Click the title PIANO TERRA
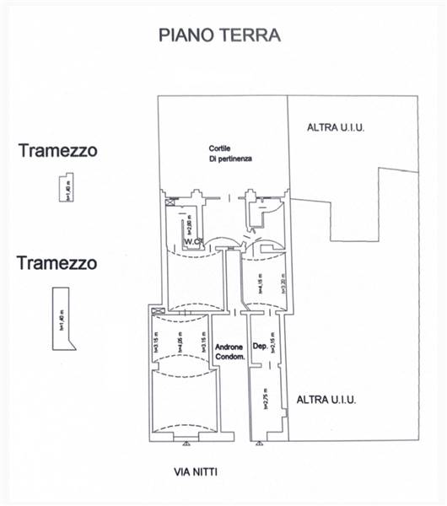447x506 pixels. [x=219, y=35]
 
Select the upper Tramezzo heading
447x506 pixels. [x=57, y=151]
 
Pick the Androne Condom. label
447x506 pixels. [x=229, y=352]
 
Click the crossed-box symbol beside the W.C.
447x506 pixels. [x=173, y=202]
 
